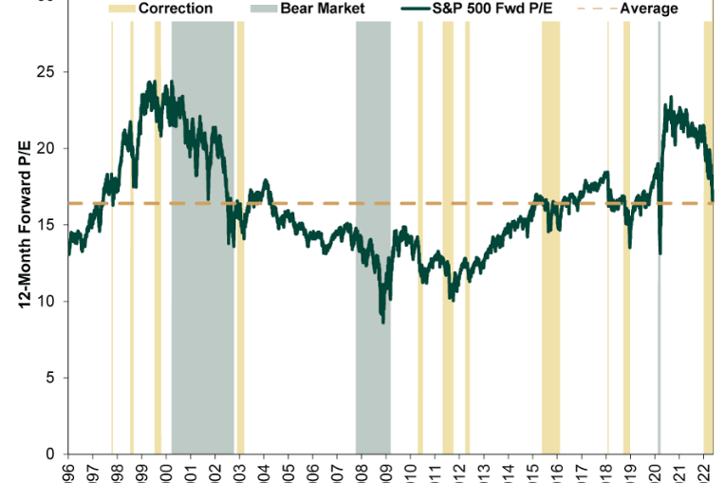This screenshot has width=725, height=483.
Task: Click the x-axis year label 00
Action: click(166, 472)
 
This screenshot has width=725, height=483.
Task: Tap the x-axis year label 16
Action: click(556, 472)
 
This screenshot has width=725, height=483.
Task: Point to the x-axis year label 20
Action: click(654, 472)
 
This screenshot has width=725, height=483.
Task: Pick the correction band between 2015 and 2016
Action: click(550, 332)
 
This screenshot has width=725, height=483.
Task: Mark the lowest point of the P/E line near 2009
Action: click(383, 323)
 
